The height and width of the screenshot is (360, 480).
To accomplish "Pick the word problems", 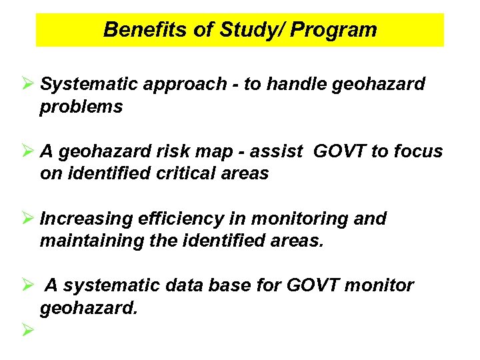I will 81,107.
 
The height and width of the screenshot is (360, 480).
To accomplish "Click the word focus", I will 419,152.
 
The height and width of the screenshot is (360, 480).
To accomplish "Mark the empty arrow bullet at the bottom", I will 27,329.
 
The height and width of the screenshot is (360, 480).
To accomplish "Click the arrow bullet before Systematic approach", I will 27,85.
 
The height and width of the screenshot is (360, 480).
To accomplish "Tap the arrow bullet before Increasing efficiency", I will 27,219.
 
